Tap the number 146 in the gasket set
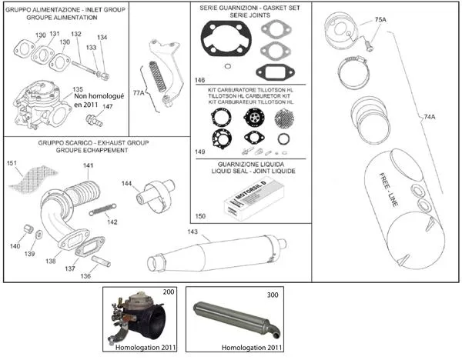pyautogui.click(x=199, y=79)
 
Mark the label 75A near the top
pyautogui.click(x=380, y=18)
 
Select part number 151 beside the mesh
pyautogui.click(x=12, y=163)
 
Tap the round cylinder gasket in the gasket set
pyautogui.click(x=223, y=40)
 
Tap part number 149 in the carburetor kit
pyautogui.click(x=200, y=152)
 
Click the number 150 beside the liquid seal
pyautogui.click(x=200, y=218)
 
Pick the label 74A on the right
pyautogui.click(x=430, y=116)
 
